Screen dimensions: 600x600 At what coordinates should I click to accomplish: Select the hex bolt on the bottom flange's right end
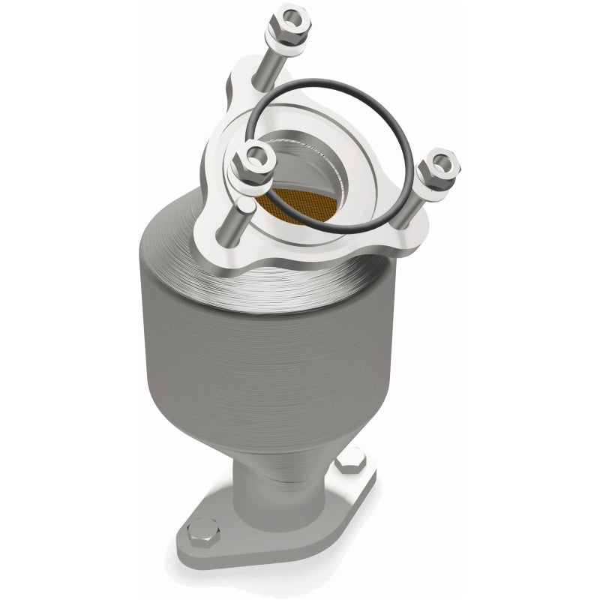[350, 461]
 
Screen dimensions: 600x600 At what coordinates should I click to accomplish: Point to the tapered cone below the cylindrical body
[292, 435]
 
